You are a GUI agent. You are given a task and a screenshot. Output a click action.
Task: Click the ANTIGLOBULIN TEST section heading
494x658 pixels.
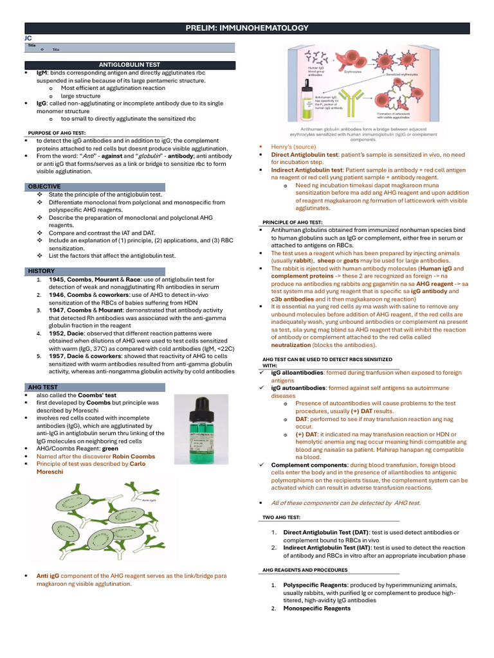(x=129, y=65)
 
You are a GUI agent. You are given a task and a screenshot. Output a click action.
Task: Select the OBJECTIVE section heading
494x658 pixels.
(x=44, y=186)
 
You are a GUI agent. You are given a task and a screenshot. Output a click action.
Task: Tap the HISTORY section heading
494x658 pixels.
(x=42, y=271)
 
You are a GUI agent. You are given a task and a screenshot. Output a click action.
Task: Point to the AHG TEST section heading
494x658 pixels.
(x=43, y=387)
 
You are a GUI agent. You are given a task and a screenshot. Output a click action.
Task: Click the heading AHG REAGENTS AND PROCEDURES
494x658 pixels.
(x=305, y=569)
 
